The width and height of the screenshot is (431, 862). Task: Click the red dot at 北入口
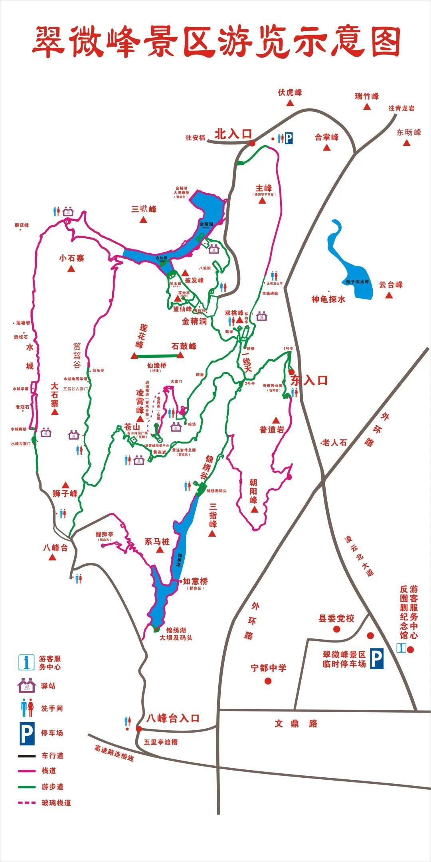[x=252, y=143]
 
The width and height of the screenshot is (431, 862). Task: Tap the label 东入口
[x=309, y=380]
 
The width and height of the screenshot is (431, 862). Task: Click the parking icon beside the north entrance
[x=289, y=138]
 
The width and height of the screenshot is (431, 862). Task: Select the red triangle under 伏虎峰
[x=290, y=103]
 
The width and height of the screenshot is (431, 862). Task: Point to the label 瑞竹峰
[x=367, y=96]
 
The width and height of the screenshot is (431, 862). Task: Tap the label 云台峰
[x=391, y=285]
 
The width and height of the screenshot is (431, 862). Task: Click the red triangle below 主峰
[x=262, y=201]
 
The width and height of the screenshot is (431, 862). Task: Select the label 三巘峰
[x=144, y=209]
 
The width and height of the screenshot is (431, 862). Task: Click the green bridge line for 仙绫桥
[x=158, y=356]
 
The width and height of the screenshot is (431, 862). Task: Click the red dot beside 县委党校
[x=336, y=629]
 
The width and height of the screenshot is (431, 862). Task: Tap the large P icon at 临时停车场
[x=376, y=659]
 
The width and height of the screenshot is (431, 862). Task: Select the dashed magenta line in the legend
[x=26, y=803]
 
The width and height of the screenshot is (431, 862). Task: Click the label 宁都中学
[x=269, y=668]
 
